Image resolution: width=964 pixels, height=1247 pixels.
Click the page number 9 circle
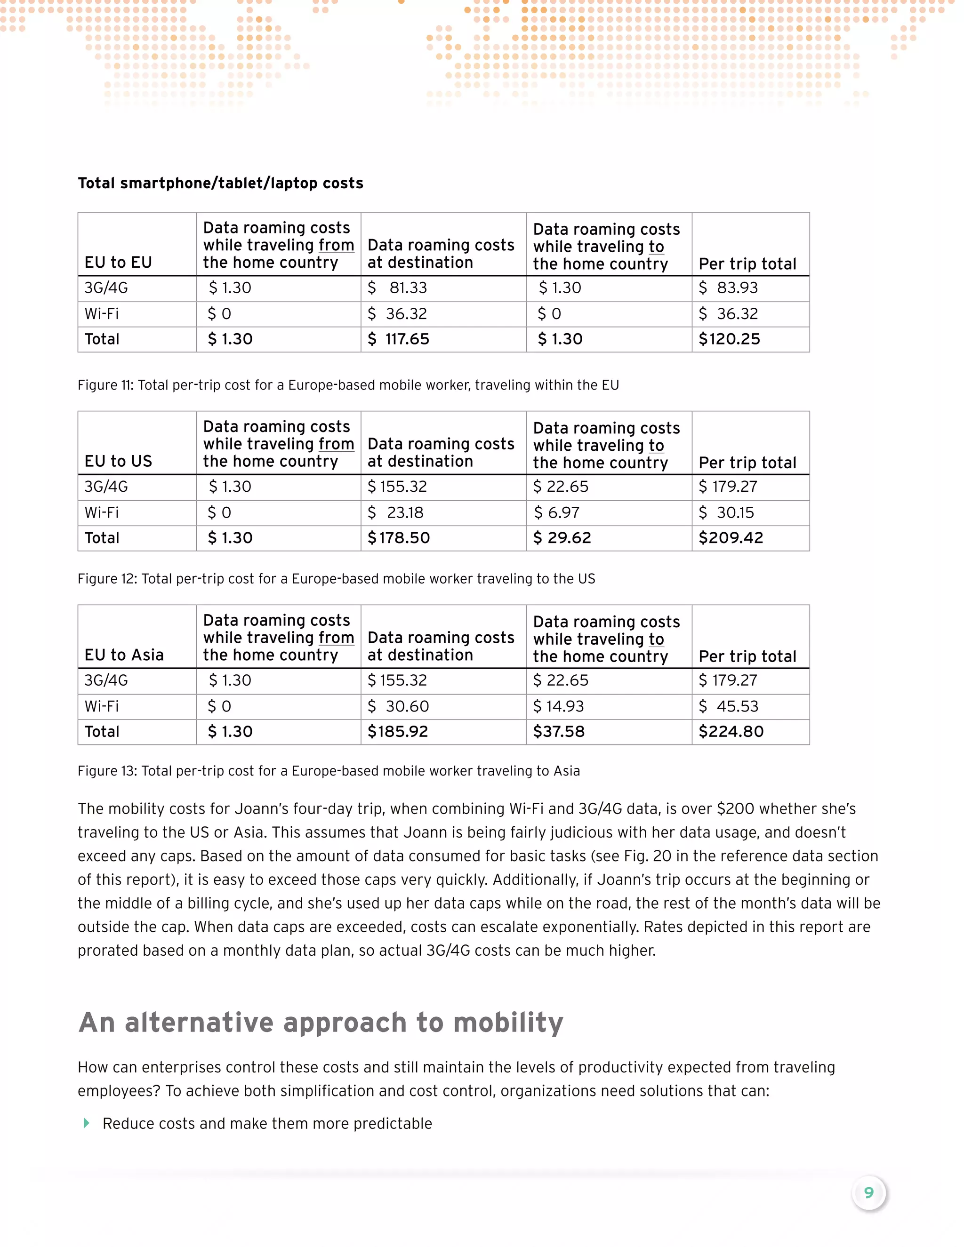point(868,1193)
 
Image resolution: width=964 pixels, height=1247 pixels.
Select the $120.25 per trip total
point(729,339)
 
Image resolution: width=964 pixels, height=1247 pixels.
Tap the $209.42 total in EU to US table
point(731,538)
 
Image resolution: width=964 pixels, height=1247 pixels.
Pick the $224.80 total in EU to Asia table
point(731,731)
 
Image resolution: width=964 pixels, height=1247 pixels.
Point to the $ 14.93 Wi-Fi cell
point(558,706)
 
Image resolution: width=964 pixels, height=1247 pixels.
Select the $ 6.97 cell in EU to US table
point(556,513)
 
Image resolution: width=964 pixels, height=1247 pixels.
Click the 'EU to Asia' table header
point(124,655)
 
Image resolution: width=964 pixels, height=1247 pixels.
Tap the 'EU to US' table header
point(118,461)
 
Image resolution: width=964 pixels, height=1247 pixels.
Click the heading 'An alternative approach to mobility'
point(321,1023)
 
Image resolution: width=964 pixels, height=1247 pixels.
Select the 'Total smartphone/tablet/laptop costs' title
point(220,183)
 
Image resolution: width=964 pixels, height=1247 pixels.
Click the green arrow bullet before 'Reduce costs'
point(87,1123)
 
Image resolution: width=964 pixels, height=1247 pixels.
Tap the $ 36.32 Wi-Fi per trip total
point(729,314)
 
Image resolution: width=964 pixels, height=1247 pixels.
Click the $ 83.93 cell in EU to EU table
point(729,288)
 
